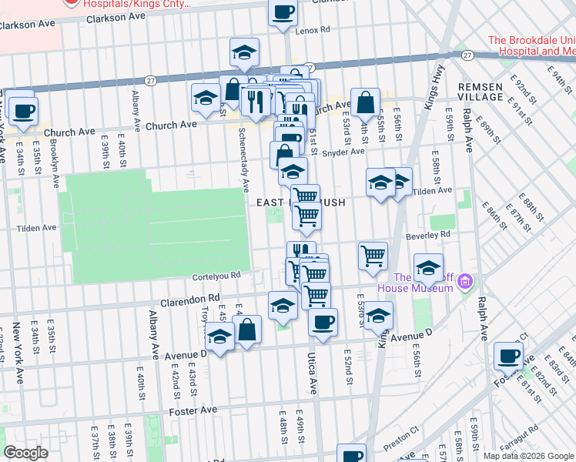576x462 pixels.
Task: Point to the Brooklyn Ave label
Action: (55, 167)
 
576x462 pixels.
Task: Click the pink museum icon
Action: (464, 283)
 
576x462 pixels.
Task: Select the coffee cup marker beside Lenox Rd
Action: (283, 12)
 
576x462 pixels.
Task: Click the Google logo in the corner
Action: (25, 453)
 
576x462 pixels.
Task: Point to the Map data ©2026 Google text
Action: (529, 456)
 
